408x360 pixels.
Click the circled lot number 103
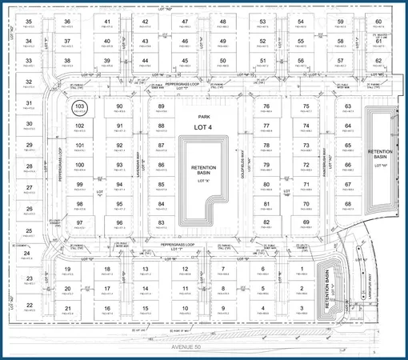click(x=79, y=106)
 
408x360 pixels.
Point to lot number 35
click(x=29, y=21)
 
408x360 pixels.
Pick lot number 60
click(x=379, y=21)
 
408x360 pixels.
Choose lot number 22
click(x=29, y=306)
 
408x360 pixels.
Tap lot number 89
click(x=162, y=106)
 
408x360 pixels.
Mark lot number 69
click(x=305, y=222)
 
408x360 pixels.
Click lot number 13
click(x=146, y=269)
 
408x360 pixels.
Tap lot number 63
click(x=348, y=106)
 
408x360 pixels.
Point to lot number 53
click(x=262, y=21)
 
